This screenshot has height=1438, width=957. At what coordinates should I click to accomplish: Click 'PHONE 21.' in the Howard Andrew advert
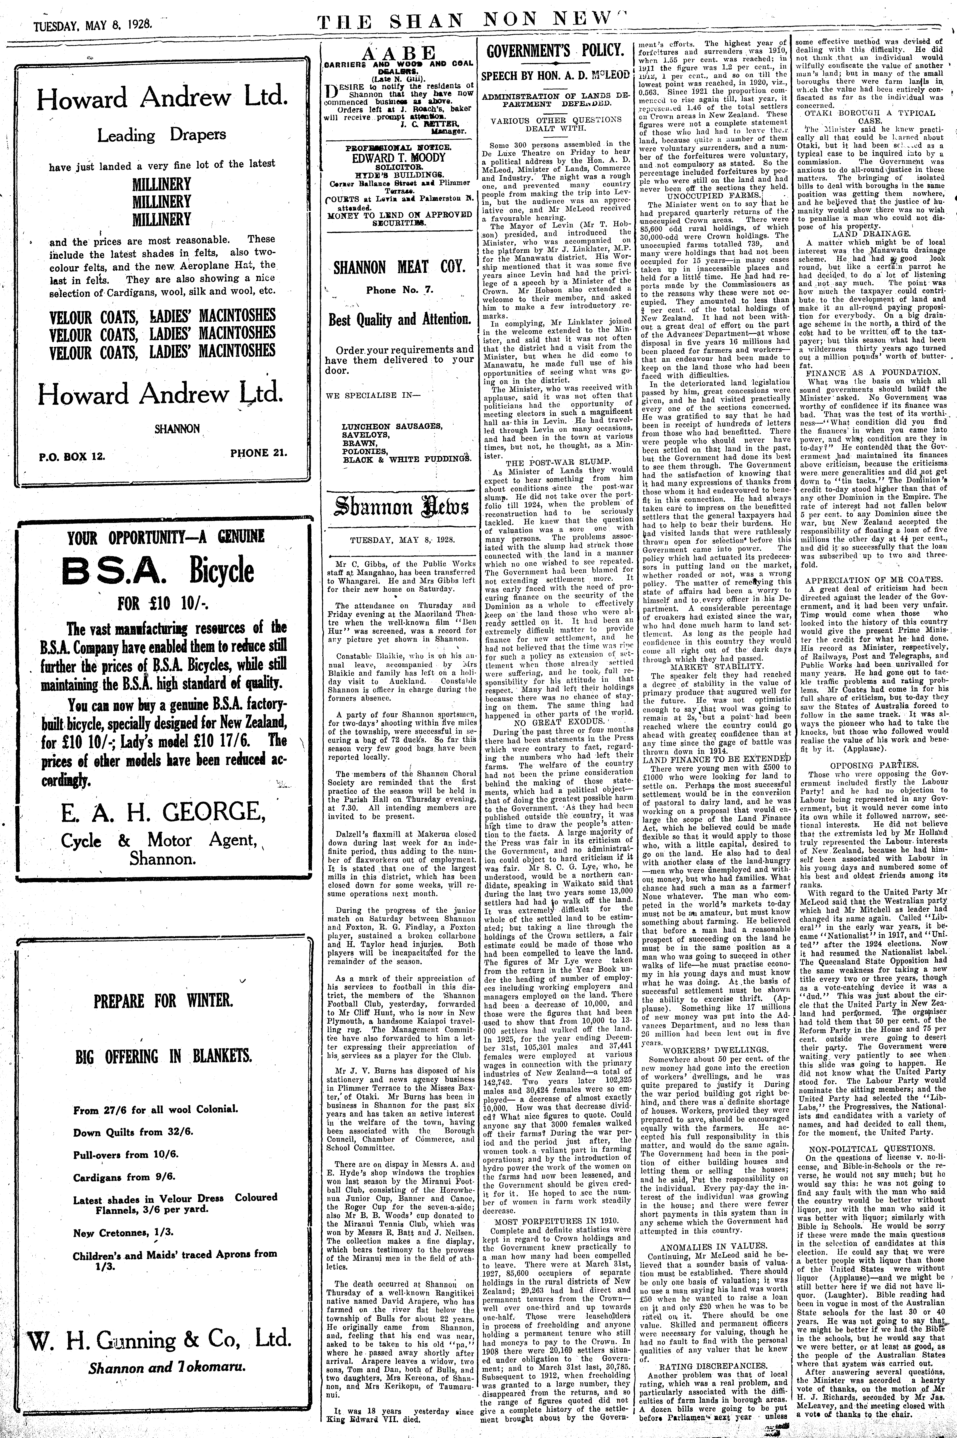tap(259, 453)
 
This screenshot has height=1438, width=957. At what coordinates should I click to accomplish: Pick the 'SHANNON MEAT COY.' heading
tap(399, 267)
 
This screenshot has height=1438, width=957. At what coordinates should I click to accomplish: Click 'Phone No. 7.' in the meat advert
tap(399, 290)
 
